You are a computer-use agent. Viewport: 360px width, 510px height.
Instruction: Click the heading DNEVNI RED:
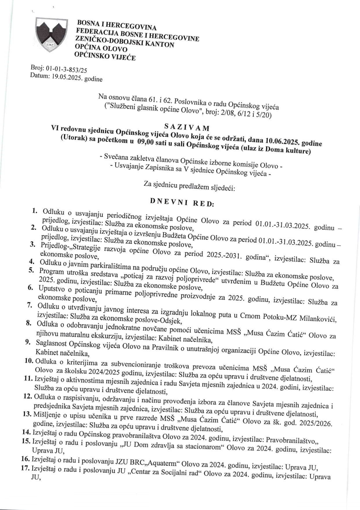(x=182, y=202)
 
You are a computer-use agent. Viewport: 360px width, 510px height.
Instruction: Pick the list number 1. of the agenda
(x=35, y=210)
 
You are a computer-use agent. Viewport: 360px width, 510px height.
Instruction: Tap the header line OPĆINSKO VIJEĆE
(x=105, y=56)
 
